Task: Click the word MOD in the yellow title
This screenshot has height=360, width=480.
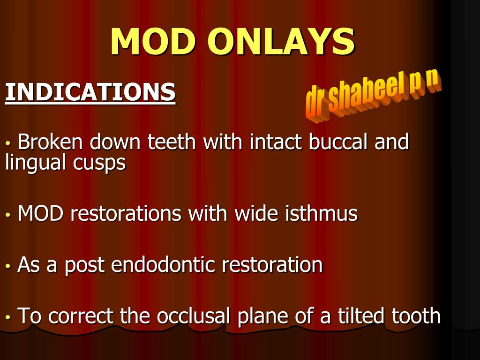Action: coord(153,41)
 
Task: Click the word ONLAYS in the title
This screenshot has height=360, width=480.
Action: coord(281,41)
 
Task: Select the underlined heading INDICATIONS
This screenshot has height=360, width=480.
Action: coord(90,92)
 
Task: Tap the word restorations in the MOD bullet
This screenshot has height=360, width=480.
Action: coord(126,213)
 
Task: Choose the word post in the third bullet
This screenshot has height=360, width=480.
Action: coord(84,265)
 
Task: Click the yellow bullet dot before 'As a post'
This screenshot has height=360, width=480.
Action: coord(8,266)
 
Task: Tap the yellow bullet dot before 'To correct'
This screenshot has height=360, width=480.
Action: coord(8,317)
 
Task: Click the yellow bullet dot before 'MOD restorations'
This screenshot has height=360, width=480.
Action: coord(8,215)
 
